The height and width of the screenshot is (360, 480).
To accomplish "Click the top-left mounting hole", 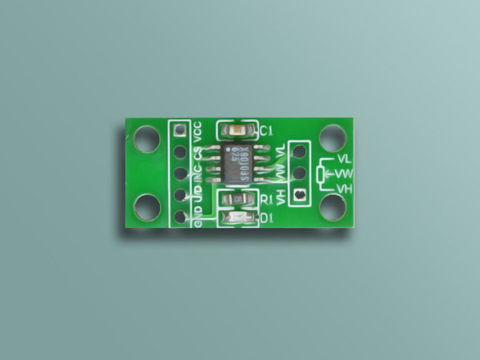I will (147, 138).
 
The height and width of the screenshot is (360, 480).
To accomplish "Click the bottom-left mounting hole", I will (147, 207).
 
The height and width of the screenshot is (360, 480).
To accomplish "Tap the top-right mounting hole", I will (332, 138).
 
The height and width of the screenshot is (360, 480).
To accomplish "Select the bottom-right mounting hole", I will (332, 207).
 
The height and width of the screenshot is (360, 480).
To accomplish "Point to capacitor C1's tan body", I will (237, 131).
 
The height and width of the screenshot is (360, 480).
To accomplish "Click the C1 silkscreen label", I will (266, 131).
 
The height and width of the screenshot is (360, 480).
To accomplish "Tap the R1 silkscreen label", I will (266, 199).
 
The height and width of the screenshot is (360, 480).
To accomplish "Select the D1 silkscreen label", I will (266, 218).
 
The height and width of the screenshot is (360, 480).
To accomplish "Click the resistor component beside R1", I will (237, 199).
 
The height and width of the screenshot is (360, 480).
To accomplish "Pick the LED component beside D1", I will (237, 218).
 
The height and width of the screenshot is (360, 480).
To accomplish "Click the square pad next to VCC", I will (181, 130).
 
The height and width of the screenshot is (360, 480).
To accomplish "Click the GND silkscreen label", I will (198, 219).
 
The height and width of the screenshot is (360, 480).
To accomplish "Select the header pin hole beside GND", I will (181, 216).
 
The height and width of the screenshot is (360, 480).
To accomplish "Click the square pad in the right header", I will (300, 195).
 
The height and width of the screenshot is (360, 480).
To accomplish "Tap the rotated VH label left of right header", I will (282, 197).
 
